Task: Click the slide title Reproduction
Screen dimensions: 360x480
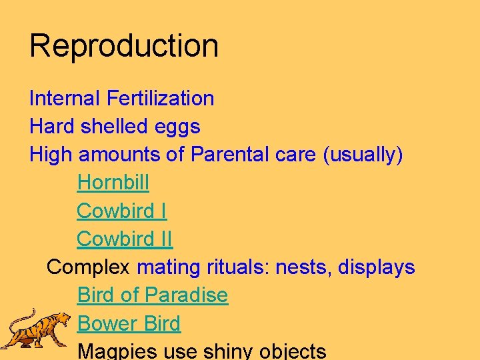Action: [124, 46]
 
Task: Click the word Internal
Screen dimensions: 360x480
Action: [64, 99]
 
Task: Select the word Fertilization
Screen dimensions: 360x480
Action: [160, 99]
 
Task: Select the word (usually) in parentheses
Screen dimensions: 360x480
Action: [363, 155]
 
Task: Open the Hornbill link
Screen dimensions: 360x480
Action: [113, 183]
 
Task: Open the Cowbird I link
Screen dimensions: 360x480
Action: [121, 211]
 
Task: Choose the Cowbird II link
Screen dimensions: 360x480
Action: [124, 239]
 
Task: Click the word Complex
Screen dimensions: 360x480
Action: [89, 268]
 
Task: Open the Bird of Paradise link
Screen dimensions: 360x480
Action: [153, 295]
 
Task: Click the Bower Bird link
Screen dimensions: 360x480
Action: [129, 324]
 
